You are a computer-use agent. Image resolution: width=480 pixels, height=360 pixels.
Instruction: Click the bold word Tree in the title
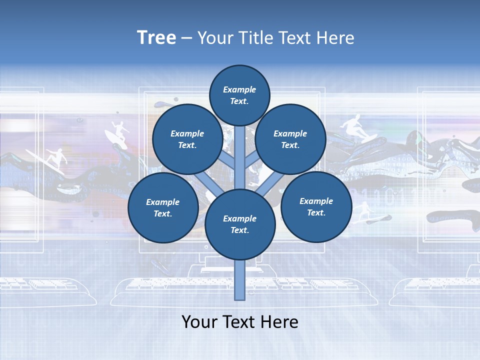pyautogui.click(x=156, y=37)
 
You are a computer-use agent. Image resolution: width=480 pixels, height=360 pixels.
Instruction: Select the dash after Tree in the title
pyautogui.click(x=186, y=38)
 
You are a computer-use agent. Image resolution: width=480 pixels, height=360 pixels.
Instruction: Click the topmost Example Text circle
pyautogui.click(x=239, y=95)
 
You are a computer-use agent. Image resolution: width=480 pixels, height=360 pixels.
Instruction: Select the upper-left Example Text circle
pyautogui.click(x=187, y=139)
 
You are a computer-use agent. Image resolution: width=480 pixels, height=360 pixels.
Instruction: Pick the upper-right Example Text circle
pyautogui.click(x=290, y=139)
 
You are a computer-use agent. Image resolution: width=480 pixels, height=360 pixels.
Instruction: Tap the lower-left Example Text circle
pyautogui.click(x=163, y=208)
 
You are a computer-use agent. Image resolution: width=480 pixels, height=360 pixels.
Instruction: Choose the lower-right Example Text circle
pyautogui.click(x=316, y=206)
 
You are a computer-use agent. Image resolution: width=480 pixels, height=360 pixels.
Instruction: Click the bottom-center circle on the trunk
pyautogui.click(x=240, y=224)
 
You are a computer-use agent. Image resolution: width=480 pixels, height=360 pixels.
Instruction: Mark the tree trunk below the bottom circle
pyautogui.click(x=240, y=280)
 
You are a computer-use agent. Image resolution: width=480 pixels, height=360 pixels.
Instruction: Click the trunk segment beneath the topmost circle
pyautogui.click(x=240, y=150)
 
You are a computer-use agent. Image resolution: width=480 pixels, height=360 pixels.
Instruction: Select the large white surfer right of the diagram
pyautogui.click(x=354, y=127)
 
